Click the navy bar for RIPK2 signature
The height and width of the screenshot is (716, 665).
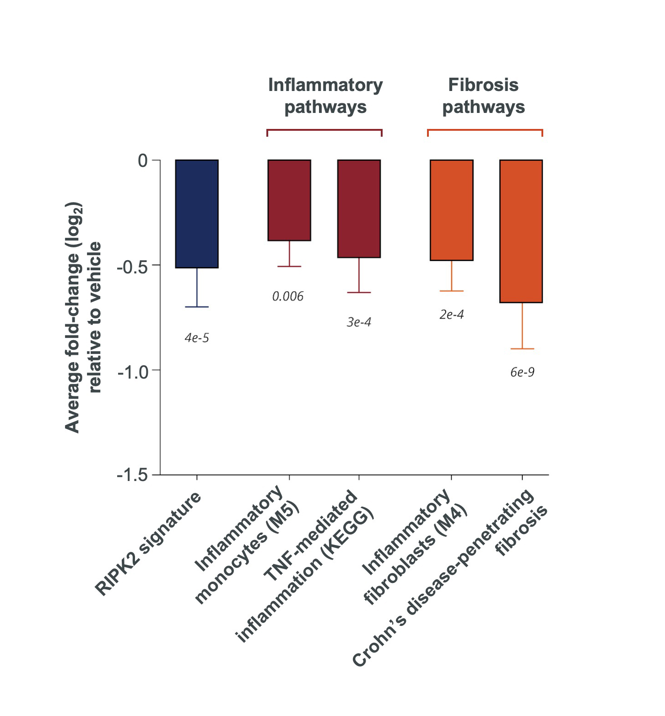point(197,214)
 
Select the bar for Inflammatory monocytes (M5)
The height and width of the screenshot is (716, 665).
point(289,200)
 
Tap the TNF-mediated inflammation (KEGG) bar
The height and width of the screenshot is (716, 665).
point(359,208)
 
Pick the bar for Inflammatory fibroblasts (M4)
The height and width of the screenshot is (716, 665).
point(451,210)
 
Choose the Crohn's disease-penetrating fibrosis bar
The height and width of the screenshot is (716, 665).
point(521,231)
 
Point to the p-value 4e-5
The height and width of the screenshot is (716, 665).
point(197,338)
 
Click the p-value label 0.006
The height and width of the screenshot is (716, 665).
point(288,297)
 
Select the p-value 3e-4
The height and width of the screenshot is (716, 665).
point(359,322)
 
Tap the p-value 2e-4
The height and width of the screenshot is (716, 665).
point(452,315)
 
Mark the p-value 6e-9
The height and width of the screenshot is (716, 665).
point(522,372)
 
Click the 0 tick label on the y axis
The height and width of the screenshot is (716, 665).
point(143,160)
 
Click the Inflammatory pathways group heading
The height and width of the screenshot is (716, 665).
point(325,96)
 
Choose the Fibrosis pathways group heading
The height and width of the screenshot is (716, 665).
point(483,96)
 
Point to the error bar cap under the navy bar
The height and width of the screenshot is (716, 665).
point(197,307)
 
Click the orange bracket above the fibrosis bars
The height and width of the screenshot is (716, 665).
point(485,130)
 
